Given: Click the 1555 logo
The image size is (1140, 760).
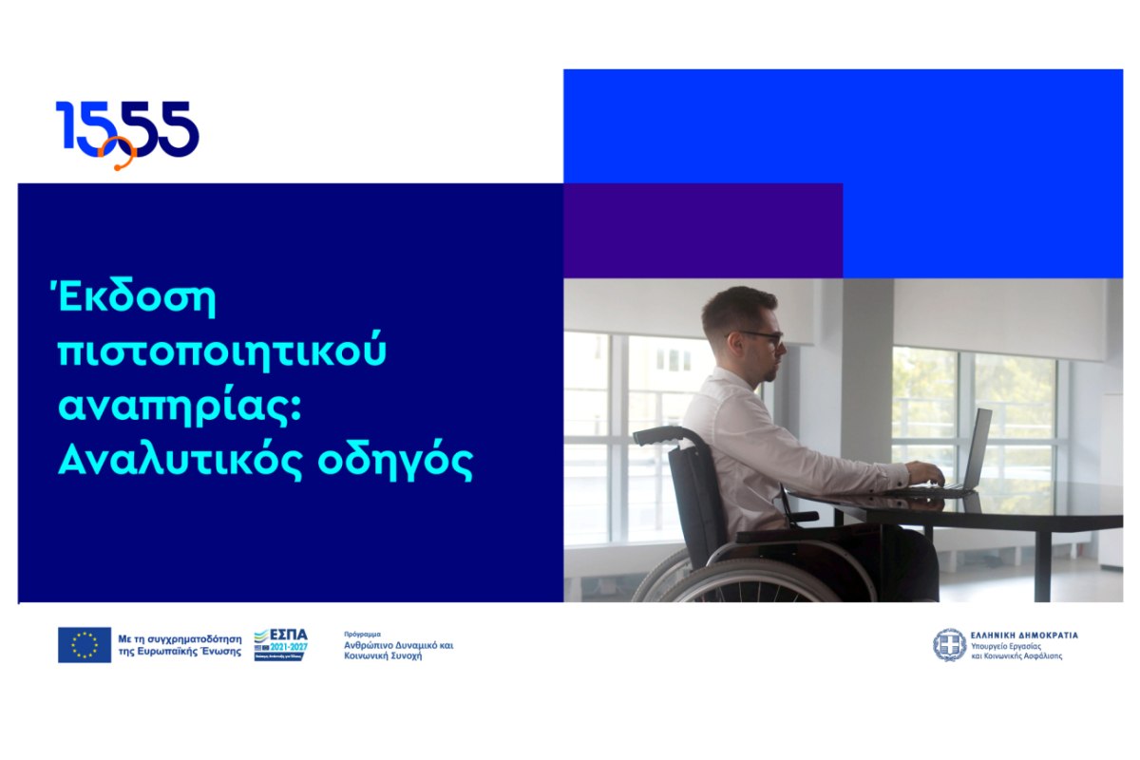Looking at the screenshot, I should tap(127, 131).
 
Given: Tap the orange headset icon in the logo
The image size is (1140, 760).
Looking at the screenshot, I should tap(119, 154).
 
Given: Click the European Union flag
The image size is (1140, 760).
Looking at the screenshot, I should tap(85, 644).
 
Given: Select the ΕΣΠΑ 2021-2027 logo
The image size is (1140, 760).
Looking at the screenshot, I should tap(281, 644).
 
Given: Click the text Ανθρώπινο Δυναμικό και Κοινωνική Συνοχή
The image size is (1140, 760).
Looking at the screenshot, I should tap(398, 650).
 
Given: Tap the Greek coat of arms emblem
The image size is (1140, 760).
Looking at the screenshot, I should tap(948, 644).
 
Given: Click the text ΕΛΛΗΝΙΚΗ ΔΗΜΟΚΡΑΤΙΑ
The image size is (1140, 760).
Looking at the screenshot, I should tap(1023, 635).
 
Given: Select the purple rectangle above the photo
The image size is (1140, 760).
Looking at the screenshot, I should tap(702, 230).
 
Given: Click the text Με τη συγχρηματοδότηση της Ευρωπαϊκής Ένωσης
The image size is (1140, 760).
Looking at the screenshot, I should tap(179, 645).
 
